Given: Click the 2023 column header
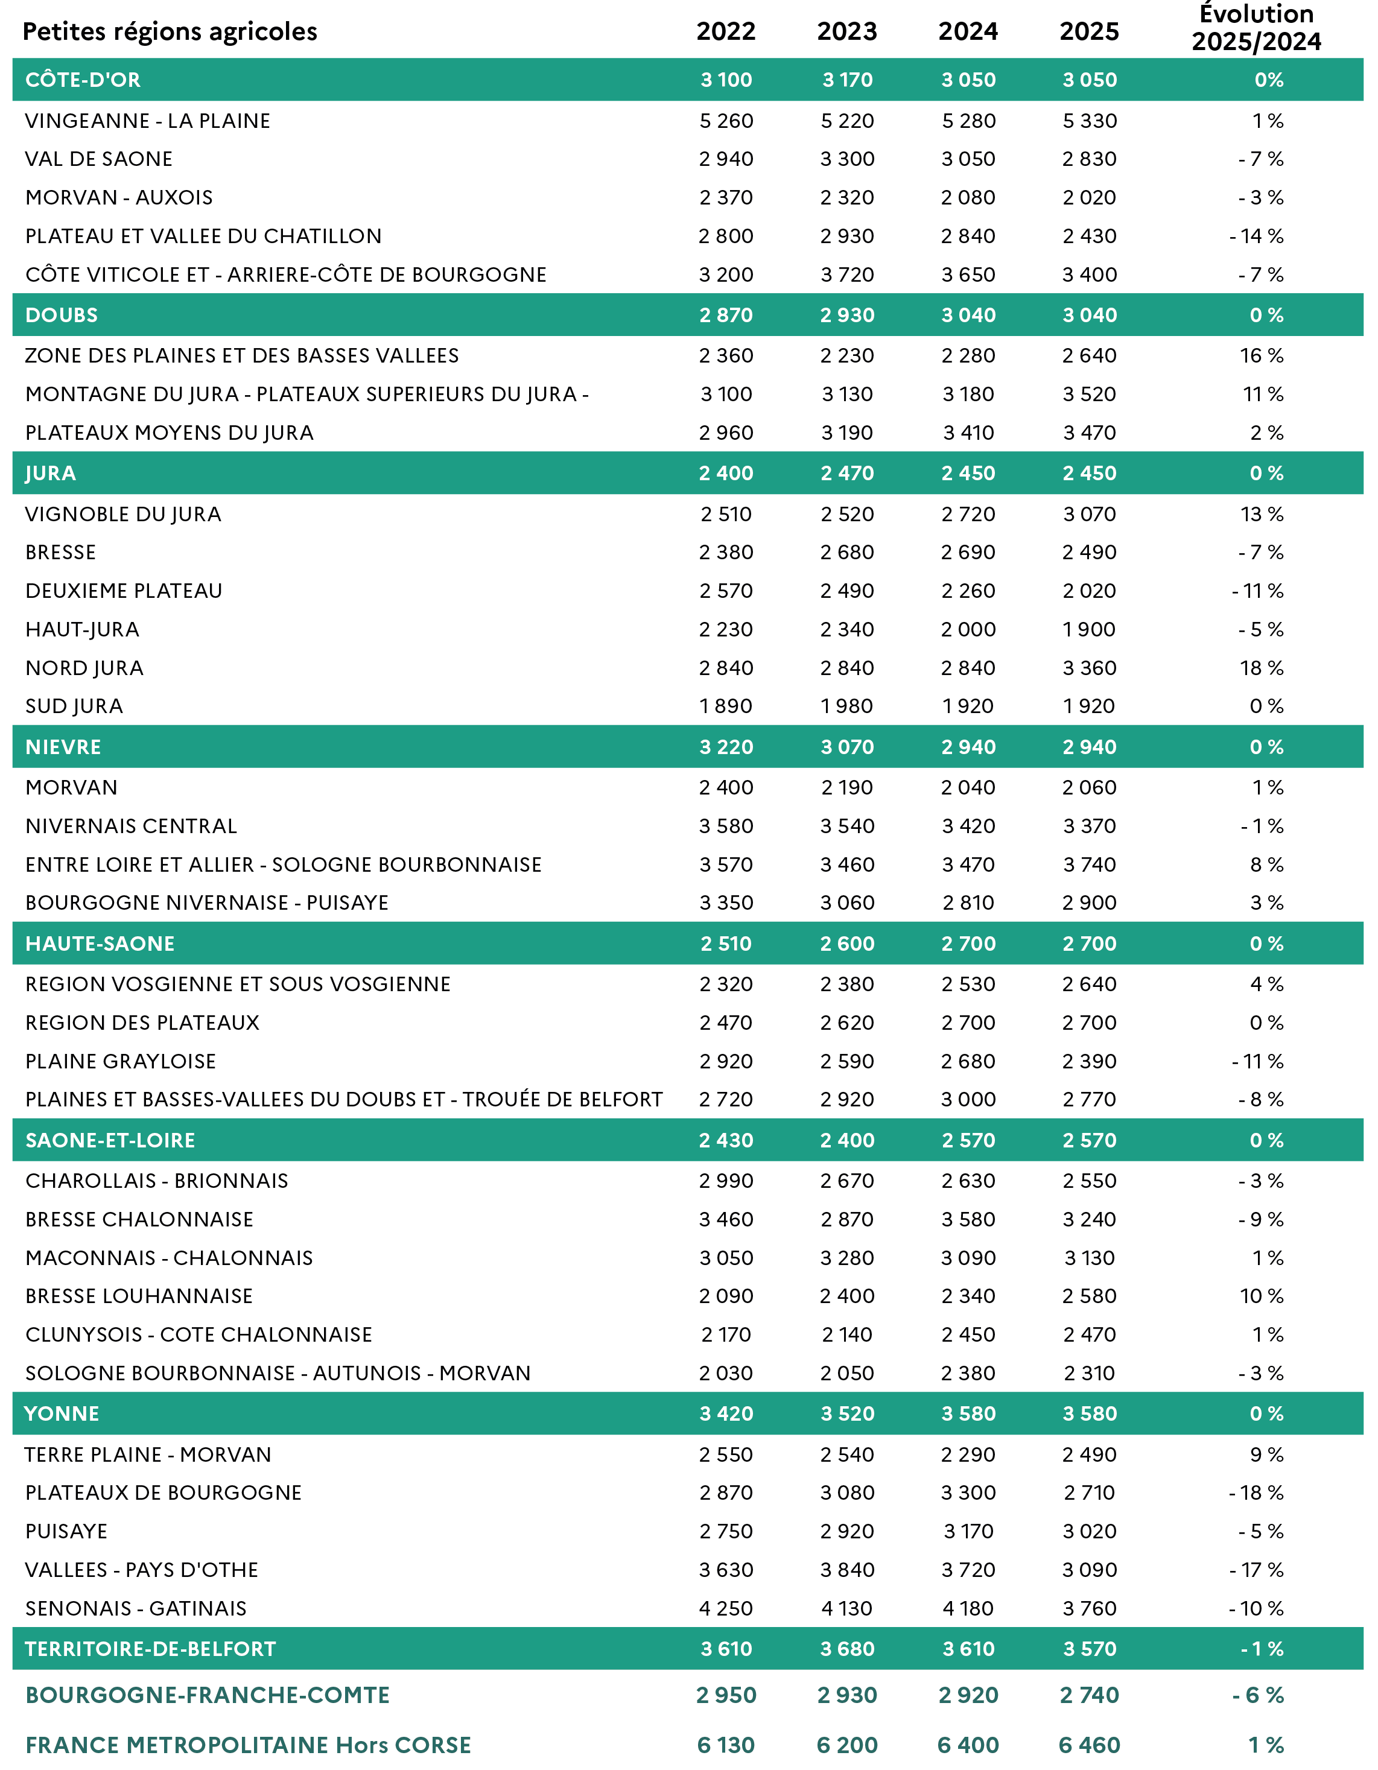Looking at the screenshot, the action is [847, 31].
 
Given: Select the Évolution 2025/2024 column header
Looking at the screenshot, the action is [1256, 28].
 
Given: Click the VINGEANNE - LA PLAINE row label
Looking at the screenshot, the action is [148, 121].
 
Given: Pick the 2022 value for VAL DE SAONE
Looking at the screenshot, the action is [726, 159].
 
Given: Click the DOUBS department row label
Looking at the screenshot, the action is [62, 316].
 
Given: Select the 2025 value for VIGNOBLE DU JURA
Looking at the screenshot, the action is [1090, 514].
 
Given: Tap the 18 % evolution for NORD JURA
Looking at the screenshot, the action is [1262, 668].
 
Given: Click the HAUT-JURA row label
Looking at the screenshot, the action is [82, 630].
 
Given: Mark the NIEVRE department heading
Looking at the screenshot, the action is [63, 747].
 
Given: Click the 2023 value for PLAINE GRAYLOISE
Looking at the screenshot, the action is [847, 1061].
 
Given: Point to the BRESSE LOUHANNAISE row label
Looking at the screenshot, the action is [139, 1296].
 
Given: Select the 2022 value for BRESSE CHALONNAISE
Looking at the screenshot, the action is [726, 1219].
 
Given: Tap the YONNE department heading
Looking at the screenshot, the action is [62, 1413].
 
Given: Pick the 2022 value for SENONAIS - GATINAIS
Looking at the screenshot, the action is [726, 1609].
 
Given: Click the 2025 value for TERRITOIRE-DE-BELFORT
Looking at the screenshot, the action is [1090, 1649].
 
